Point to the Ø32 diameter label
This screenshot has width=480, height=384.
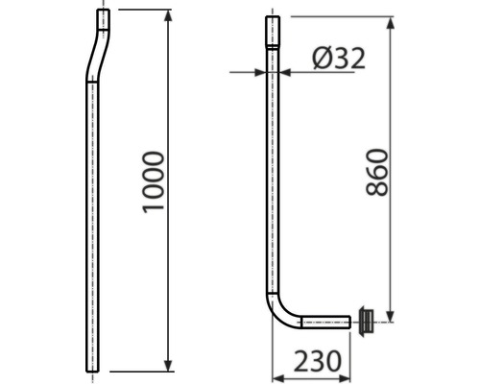coord(338,59)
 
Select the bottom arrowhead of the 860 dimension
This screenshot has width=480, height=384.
coord(391,316)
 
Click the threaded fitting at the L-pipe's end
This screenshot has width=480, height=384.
coord(366,321)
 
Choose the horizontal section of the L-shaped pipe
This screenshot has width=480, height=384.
coord(326,322)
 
